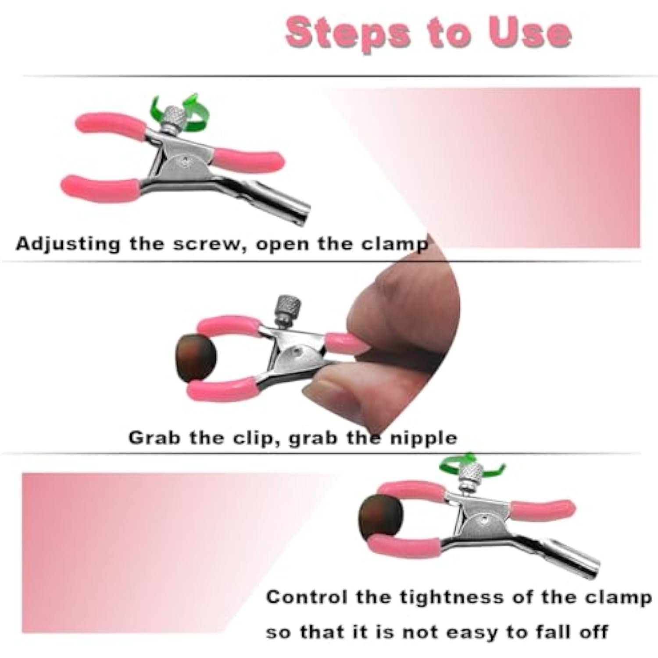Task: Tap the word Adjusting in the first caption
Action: (x=68, y=244)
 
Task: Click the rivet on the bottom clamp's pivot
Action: (x=483, y=520)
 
